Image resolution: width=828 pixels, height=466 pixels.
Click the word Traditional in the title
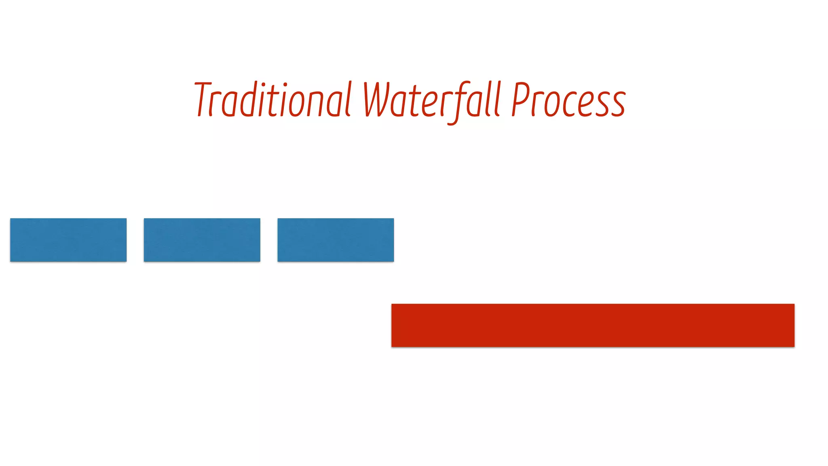272,100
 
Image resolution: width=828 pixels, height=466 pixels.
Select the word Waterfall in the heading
432,100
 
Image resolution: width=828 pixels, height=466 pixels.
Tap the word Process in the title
568,100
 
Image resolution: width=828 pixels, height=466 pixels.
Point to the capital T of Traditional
203,99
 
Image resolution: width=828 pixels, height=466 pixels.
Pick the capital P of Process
520,99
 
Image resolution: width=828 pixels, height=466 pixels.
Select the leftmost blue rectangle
68,240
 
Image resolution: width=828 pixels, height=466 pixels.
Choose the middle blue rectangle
202,240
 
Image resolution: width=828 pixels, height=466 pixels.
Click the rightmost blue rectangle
336,240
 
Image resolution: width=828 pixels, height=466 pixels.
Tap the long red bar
593,325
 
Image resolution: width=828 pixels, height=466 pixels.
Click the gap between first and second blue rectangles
135,240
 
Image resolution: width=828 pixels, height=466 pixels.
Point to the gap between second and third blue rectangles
269,240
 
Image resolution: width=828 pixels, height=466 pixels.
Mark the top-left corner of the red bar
392,305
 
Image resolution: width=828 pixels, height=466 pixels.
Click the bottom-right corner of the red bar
794,346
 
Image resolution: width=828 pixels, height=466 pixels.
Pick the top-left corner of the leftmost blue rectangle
11,219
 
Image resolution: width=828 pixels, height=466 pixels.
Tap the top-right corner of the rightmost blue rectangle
393,219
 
